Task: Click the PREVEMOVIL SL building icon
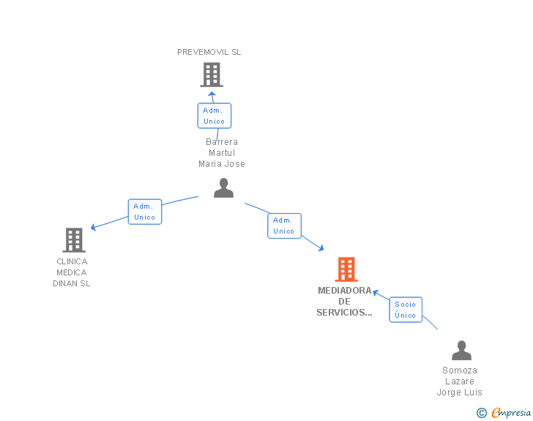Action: click(x=212, y=75)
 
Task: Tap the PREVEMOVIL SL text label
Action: click(x=209, y=52)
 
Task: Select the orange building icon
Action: click(x=346, y=269)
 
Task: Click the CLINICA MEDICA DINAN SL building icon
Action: click(x=74, y=240)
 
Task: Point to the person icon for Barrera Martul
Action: click(x=224, y=187)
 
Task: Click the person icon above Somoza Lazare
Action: click(x=461, y=350)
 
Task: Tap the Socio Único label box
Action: click(x=406, y=310)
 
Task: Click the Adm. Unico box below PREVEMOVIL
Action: click(x=215, y=116)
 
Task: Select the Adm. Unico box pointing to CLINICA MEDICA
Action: click(x=145, y=212)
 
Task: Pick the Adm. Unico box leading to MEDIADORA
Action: click(x=284, y=226)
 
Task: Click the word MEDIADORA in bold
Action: click(x=345, y=291)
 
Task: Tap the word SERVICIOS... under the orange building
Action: click(x=344, y=313)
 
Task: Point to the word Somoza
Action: click(x=460, y=370)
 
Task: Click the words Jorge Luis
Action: click(x=459, y=392)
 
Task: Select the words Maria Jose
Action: click(x=222, y=164)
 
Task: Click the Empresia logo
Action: click(x=511, y=412)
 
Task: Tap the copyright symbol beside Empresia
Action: click(x=482, y=413)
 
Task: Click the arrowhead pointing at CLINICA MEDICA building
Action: click(x=93, y=227)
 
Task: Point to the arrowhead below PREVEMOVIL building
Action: click(x=212, y=94)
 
